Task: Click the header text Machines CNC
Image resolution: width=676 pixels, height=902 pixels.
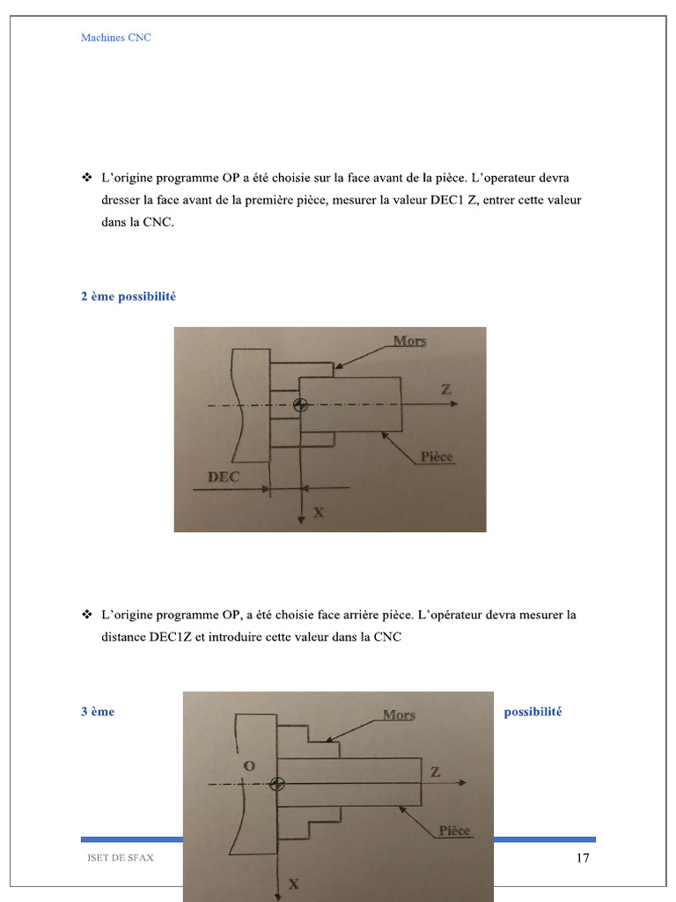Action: point(115,38)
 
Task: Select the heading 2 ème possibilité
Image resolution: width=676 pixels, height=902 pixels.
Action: point(128,297)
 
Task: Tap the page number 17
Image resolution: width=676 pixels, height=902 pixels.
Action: point(582,859)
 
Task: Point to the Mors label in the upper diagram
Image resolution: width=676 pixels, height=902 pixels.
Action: point(409,341)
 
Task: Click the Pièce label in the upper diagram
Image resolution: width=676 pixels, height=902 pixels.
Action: point(437,457)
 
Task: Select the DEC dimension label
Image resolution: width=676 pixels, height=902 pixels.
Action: point(224,477)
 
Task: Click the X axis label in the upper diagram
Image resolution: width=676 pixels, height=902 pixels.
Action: point(318,511)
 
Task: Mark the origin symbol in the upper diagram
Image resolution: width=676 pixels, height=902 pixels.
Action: point(301,405)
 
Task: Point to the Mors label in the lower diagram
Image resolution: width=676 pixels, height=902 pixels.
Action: point(399,715)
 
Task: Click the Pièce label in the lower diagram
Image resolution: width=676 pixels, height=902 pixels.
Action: point(455,831)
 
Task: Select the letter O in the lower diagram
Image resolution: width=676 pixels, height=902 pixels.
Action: point(249,766)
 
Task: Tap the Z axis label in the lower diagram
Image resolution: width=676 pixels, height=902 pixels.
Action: point(435,772)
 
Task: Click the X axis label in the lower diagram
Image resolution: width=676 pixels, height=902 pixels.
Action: point(293,884)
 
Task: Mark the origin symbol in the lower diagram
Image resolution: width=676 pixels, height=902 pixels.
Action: point(278,784)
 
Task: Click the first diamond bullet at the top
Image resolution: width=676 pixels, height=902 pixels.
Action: point(87,177)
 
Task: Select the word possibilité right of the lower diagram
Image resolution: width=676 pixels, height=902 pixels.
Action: point(533,712)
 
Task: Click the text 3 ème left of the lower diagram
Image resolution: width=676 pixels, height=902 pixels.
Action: point(98,712)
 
